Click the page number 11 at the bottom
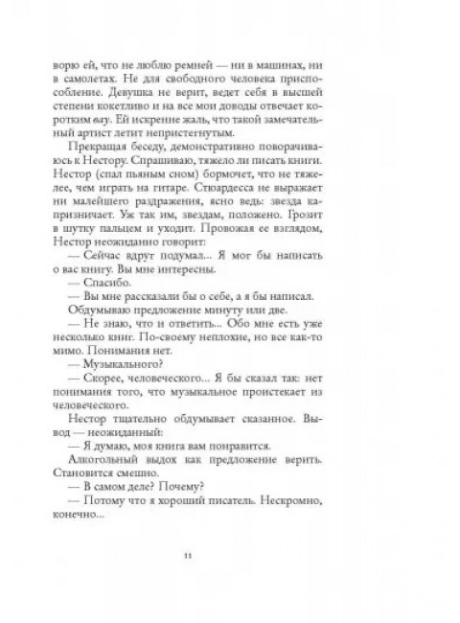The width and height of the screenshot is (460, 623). click(231, 554)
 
